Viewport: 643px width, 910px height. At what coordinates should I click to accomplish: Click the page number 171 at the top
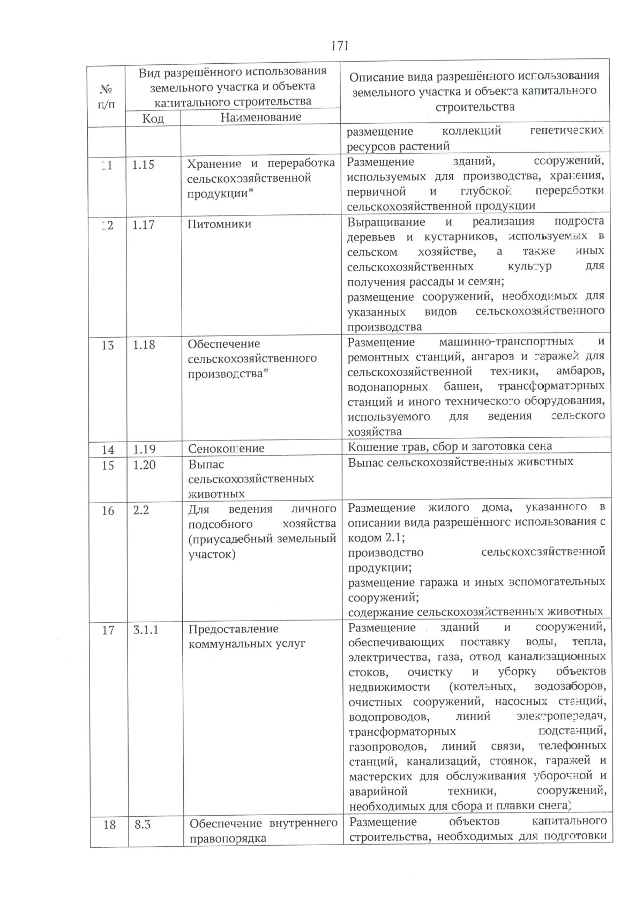click(340, 46)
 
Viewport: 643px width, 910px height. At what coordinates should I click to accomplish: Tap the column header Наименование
click(260, 117)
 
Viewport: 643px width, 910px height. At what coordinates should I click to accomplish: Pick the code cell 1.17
click(144, 225)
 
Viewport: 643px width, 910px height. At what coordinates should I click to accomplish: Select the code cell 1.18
click(144, 345)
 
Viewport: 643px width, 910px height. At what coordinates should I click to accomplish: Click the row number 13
click(108, 346)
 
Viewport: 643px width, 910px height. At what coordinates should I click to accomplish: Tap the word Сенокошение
click(226, 449)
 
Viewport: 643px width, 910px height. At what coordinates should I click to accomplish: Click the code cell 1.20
click(145, 465)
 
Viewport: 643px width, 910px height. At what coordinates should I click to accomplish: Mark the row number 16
click(108, 511)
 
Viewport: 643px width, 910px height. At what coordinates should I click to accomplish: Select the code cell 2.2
click(141, 510)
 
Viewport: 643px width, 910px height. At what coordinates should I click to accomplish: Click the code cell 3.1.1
click(146, 630)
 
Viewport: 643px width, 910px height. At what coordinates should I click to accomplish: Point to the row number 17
click(108, 630)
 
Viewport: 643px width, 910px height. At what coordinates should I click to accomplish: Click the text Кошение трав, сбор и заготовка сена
click(450, 446)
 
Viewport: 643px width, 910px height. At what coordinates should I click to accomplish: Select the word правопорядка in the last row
click(228, 839)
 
